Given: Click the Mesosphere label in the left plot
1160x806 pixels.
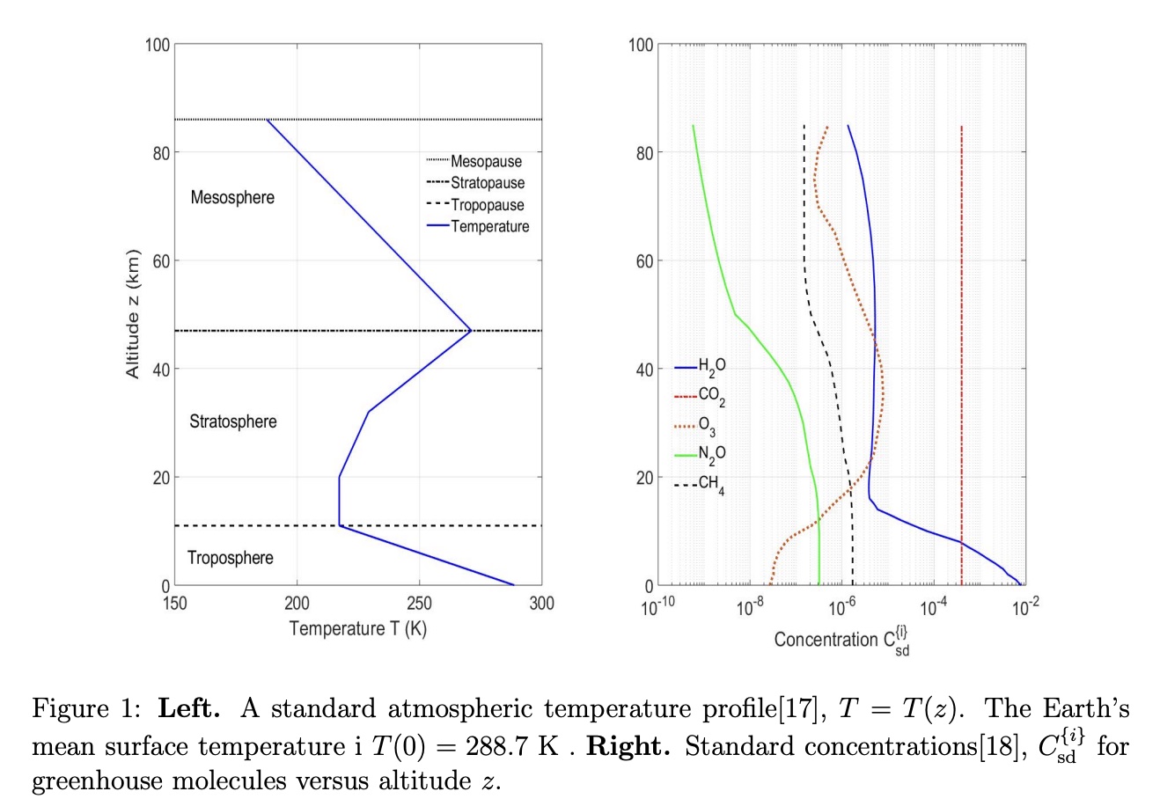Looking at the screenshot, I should point(232,197).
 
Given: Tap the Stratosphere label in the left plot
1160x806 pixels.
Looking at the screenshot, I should point(232,421).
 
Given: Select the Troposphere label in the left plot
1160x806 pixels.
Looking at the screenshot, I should point(230,558).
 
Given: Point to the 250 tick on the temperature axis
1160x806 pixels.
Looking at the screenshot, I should point(419,604).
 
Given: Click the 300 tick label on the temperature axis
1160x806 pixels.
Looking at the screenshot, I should point(541,604).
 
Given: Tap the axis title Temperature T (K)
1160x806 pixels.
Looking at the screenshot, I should point(357,628).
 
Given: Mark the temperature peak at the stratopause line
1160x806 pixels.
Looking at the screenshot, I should point(472,331).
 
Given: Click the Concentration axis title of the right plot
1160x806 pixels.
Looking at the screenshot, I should point(841,641).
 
